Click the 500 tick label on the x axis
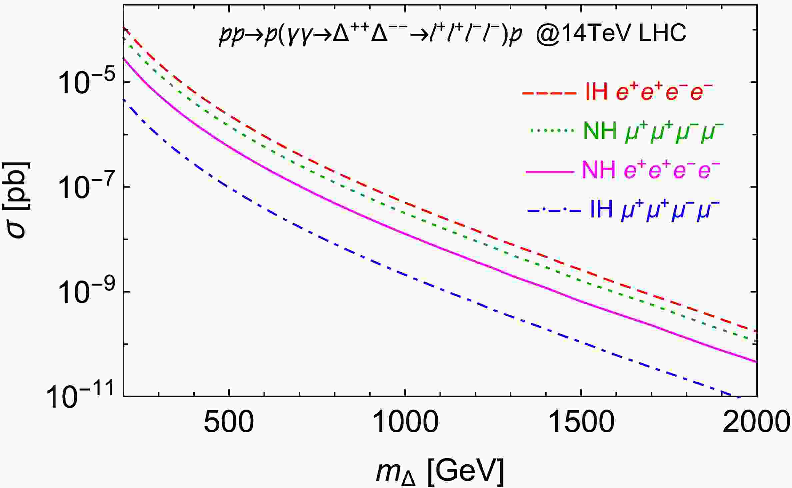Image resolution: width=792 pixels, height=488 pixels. click(229, 423)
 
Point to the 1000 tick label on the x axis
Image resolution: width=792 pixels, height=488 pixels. click(405, 423)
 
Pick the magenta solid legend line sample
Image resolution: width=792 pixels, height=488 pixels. click(550, 171)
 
